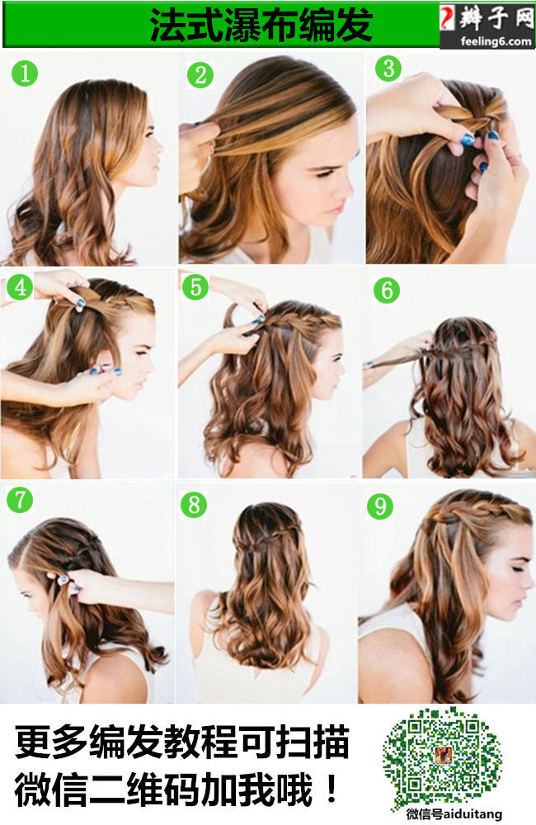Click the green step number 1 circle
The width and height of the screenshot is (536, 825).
pyautogui.click(x=25, y=73)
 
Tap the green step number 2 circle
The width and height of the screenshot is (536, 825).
pyautogui.click(x=200, y=75)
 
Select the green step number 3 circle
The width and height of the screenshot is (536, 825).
pyautogui.click(x=388, y=68)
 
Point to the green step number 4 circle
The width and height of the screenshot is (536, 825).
pyautogui.click(x=20, y=287)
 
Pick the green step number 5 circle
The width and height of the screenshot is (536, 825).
pyautogui.click(x=195, y=287)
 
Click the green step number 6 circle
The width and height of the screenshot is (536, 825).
pyautogui.click(x=387, y=290)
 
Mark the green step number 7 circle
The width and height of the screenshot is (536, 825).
pyautogui.click(x=20, y=500)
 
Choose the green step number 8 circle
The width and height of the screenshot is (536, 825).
pyautogui.click(x=194, y=505)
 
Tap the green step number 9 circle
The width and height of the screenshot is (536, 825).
pyautogui.click(x=380, y=507)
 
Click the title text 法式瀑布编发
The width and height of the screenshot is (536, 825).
pyautogui.click(x=261, y=25)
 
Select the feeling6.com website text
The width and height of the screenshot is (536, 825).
pyautogui.click(x=496, y=41)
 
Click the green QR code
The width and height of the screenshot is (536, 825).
pyautogui.click(x=441, y=756)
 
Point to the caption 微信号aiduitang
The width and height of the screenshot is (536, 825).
pyautogui.click(x=454, y=814)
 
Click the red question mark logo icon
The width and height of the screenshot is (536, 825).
pyautogui.click(x=448, y=18)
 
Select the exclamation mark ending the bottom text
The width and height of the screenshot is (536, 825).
pyautogui.click(x=331, y=789)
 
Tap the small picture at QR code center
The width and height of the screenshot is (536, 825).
pyautogui.click(x=441, y=755)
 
